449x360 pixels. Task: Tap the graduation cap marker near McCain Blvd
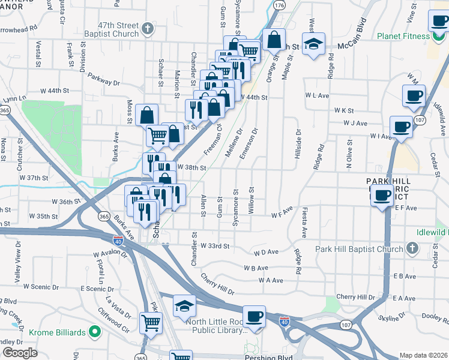tap(313, 44)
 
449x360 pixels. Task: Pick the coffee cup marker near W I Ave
tap(400, 126)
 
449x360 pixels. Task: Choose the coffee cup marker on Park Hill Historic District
tap(381, 196)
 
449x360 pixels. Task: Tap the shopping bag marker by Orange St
tap(274, 40)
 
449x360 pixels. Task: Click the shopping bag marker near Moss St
tap(146, 115)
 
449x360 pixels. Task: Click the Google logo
tap(20, 352)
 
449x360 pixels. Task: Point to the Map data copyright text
tap(423, 355)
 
